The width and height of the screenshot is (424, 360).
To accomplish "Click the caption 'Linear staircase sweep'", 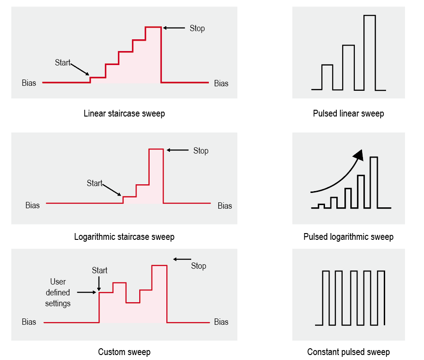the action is click(x=124, y=113).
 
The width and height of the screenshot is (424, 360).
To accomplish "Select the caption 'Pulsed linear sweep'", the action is click(x=348, y=113).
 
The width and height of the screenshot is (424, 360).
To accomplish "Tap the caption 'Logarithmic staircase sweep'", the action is click(x=124, y=237).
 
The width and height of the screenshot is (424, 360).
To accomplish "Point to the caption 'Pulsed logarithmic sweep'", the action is click(x=348, y=237).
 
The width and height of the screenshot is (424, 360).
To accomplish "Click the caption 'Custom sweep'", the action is click(x=124, y=352).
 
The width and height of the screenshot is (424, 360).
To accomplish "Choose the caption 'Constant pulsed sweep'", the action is click(x=348, y=352).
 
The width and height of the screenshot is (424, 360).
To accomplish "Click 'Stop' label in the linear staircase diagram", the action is click(x=197, y=28).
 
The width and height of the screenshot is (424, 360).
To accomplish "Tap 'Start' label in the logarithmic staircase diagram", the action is click(x=94, y=183).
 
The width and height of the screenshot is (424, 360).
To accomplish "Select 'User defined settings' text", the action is click(x=58, y=293).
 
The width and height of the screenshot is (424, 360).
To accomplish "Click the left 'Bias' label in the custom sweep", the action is click(x=29, y=322).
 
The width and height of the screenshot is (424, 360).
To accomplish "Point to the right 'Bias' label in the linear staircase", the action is click(x=221, y=84).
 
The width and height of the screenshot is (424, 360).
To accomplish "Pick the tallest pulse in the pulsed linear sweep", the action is click(x=370, y=53).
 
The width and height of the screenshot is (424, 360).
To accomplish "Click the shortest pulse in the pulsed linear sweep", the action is click(x=327, y=77).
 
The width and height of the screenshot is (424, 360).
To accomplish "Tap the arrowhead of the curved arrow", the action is click(x=359, y=155).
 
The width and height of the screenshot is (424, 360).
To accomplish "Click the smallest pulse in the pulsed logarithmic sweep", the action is click(x=321, y=206).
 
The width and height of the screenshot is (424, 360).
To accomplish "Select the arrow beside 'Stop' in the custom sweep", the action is click(x=182, y=259).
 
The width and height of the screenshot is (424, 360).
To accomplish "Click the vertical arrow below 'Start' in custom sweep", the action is click(x=99, y=284).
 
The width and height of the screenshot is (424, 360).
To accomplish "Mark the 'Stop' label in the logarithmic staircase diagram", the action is click(x=201, y=151).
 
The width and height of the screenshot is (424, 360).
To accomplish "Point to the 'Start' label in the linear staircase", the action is click(x=63, y=63).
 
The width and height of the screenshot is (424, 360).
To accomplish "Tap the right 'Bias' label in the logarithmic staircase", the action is click(x=225, y=206).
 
